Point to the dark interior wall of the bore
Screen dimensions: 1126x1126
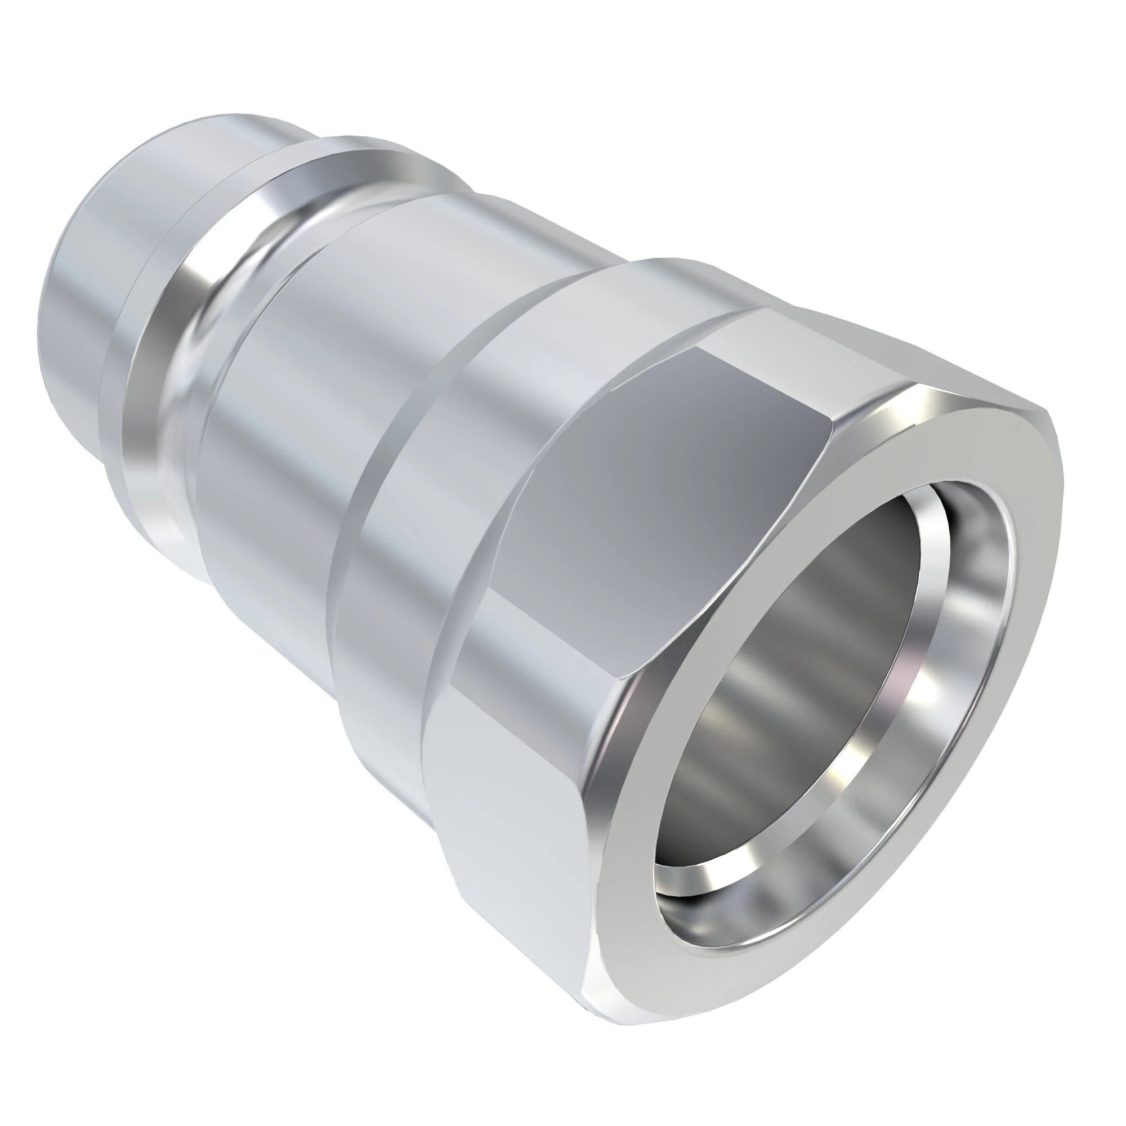coord(805,670)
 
